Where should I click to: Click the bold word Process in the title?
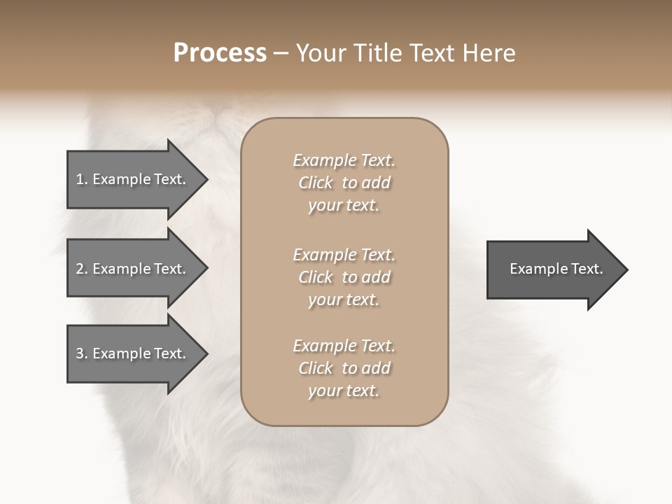(220, 53)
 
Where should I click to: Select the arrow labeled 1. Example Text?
(132, 179)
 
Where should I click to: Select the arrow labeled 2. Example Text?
(132, 269)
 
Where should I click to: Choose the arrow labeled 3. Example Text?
(132, 353)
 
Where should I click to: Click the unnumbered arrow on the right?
(556, 269)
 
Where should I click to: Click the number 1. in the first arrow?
(81, 179)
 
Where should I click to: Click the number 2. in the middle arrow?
(81, 269)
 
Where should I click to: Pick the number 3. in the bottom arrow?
(81, 353)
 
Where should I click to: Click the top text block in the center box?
(344, 183)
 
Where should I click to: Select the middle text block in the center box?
(344, 277)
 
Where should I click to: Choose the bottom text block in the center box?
(344, 368)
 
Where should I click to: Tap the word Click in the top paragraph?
(316, 183)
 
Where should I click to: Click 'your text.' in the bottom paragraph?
(344, 391)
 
